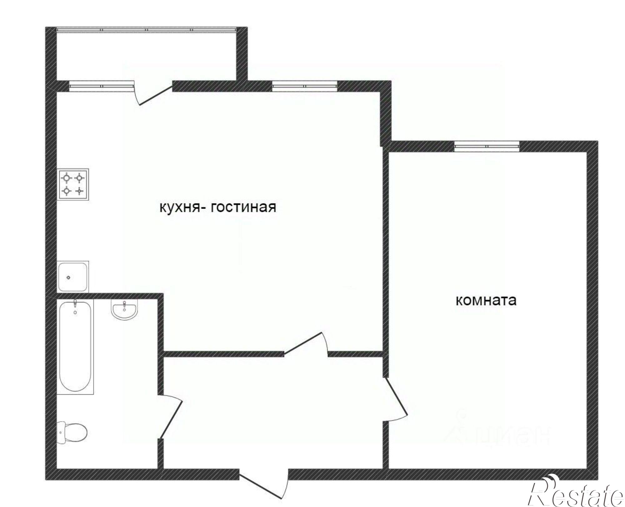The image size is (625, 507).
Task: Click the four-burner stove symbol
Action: point(73,184)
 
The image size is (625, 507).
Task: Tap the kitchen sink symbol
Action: point(73,276)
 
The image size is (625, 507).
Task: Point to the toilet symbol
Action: point(73,432)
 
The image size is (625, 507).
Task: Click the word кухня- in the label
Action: point(179,207)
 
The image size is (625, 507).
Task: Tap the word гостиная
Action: point(243,207)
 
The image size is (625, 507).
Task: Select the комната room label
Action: point(486,301)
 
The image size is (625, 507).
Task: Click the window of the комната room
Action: point(487,146)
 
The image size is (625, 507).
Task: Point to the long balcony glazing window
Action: point(146,30)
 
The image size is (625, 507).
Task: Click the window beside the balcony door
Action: point(102,86)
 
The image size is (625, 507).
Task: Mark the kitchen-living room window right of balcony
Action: point(305,86)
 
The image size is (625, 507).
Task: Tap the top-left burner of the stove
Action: point(66,178)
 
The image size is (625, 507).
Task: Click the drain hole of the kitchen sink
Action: point(69,277)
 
